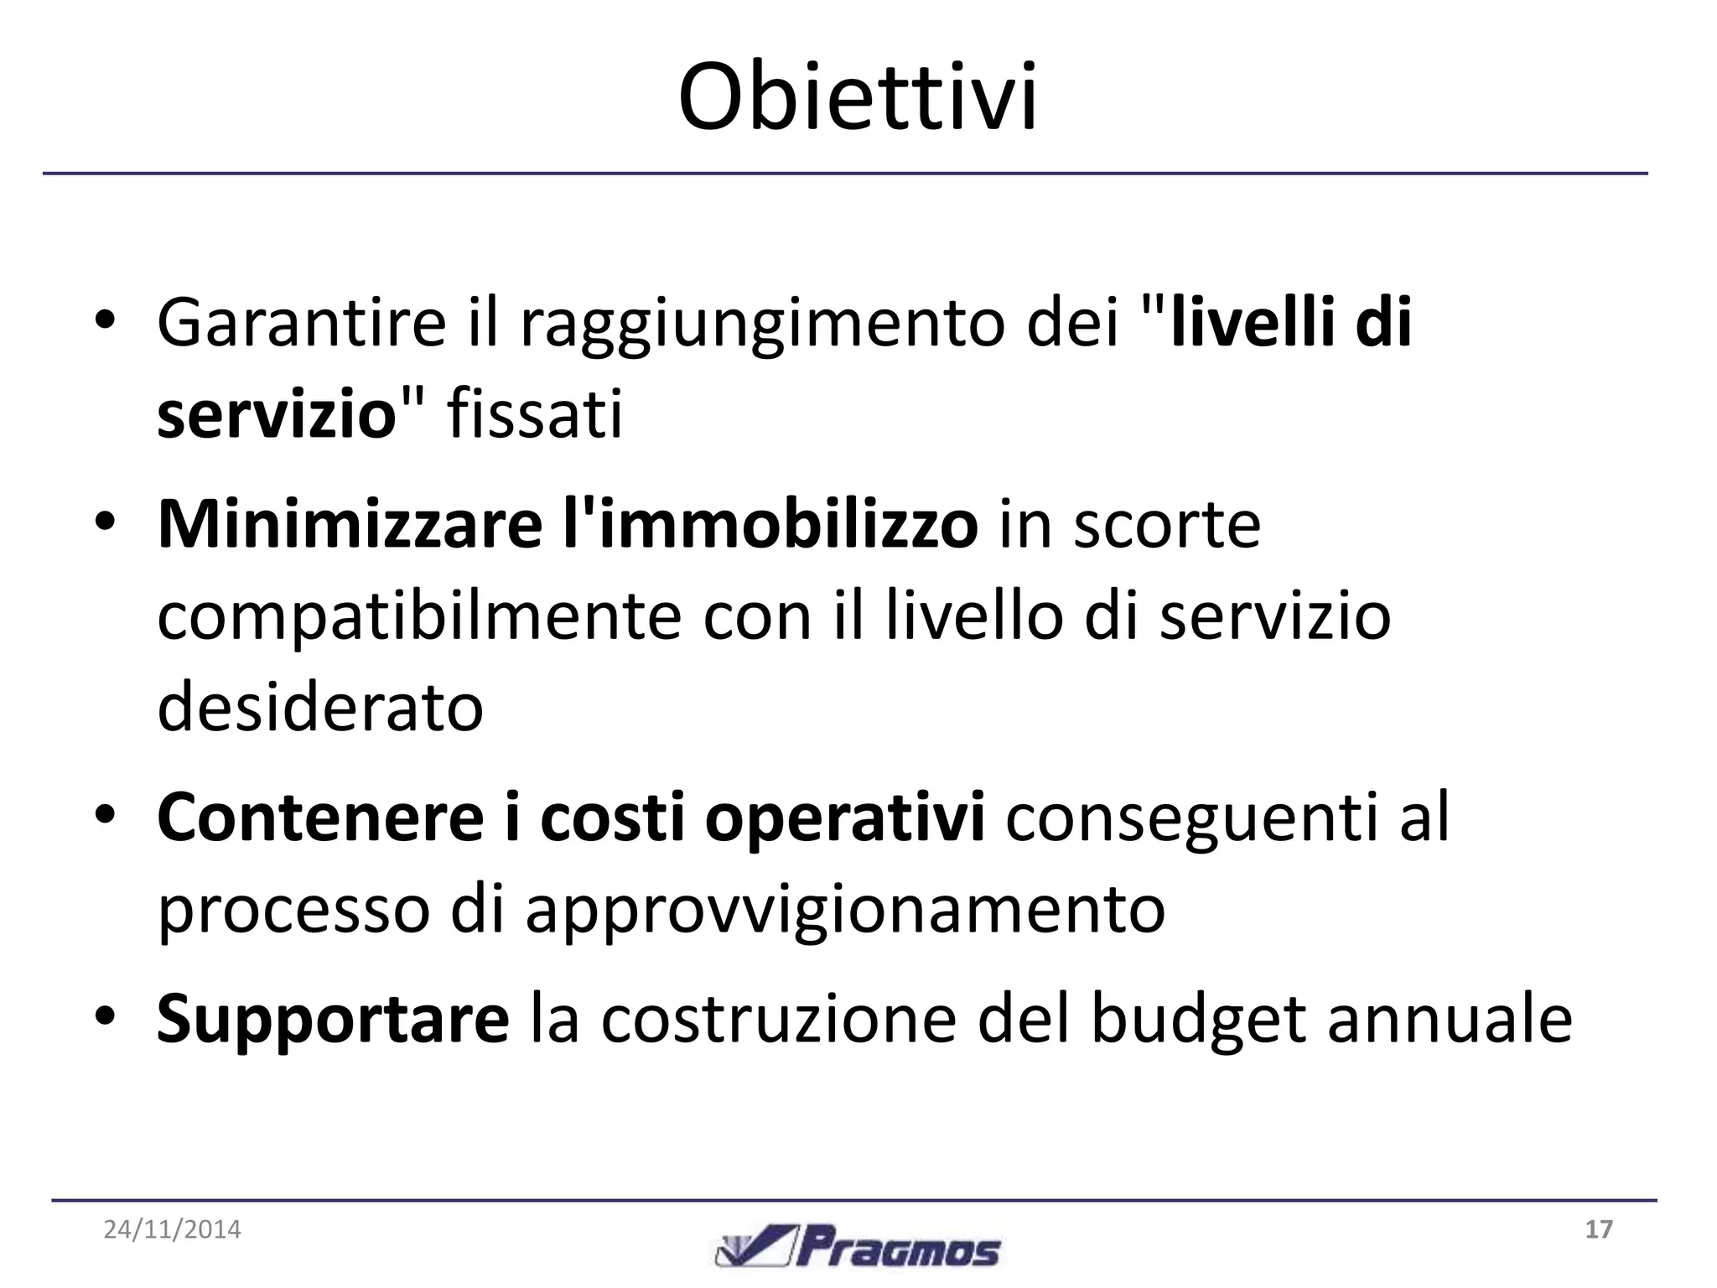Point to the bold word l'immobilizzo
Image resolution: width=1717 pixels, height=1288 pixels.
(x=770, y=524)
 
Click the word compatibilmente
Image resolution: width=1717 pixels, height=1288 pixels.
(x=419, y=616)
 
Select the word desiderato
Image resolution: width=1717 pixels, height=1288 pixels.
(x=320, y=707)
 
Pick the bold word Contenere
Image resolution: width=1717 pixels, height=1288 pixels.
(x=320, y=819)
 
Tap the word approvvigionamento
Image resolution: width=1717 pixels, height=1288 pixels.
(x=845, y=911)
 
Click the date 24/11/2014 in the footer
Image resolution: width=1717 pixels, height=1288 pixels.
(x=173, y=1230)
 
